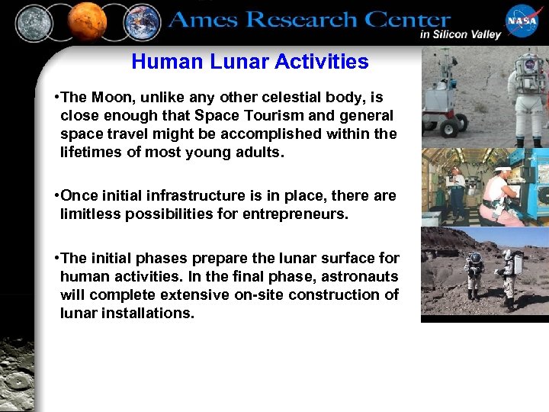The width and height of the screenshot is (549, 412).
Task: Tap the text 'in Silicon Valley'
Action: point(460,34)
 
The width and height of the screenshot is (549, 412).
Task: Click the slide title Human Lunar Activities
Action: point(249,62)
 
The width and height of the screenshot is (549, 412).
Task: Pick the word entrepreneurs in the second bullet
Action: point(294,214)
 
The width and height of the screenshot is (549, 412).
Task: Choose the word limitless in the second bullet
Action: point(88,214)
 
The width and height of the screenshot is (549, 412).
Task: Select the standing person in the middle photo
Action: point(457,190)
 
